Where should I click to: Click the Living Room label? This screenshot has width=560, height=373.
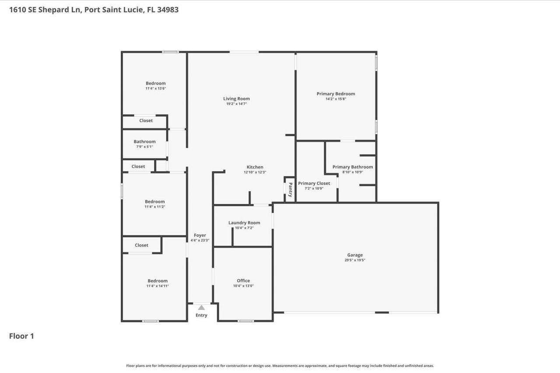click(x=236, y=99)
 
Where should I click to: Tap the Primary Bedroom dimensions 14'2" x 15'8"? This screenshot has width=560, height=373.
click(x=336, y=99)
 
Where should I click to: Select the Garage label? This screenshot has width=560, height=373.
click(x=355, y=255)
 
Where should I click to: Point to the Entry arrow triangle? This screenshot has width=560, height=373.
click(x=201, y=307)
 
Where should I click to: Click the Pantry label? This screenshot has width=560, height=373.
click(x=290, y=190)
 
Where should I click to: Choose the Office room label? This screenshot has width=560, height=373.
click(x=243, y=281)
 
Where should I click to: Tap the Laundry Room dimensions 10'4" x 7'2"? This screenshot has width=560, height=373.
click(x=244, y=228)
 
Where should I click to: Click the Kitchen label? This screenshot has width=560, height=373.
click(x=255, y=167)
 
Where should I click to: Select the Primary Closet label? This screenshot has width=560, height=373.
click(x=314, y=183)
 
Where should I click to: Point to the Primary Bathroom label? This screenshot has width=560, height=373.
click(x=353, y=167)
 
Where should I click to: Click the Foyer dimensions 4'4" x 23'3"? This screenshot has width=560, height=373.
click(x=200, y=241)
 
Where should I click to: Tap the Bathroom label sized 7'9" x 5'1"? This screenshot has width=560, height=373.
click(x=144, y=142)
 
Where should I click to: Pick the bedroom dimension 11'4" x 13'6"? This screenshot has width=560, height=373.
click(x=156, y=89)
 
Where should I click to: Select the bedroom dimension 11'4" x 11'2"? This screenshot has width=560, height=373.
click(x=155, y=207)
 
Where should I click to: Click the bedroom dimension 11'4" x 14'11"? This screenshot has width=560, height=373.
click(x=157, y=286)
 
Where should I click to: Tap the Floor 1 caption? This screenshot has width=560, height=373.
click(x=21, y=336)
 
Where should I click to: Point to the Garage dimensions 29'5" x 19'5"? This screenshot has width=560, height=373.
click(x=355, y=260)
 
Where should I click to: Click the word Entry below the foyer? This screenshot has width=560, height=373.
click(x=201, y=315)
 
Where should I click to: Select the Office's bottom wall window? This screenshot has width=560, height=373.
click(x=245, y=321)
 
